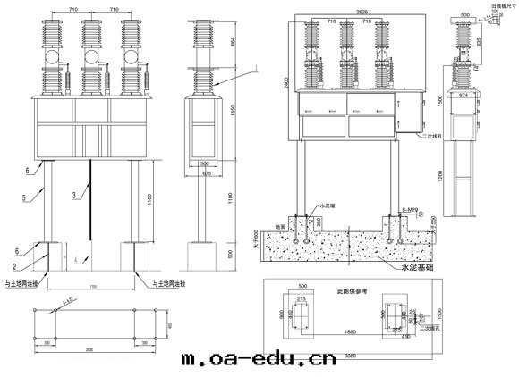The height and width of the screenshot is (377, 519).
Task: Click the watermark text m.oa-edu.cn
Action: [x=259, y=361]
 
